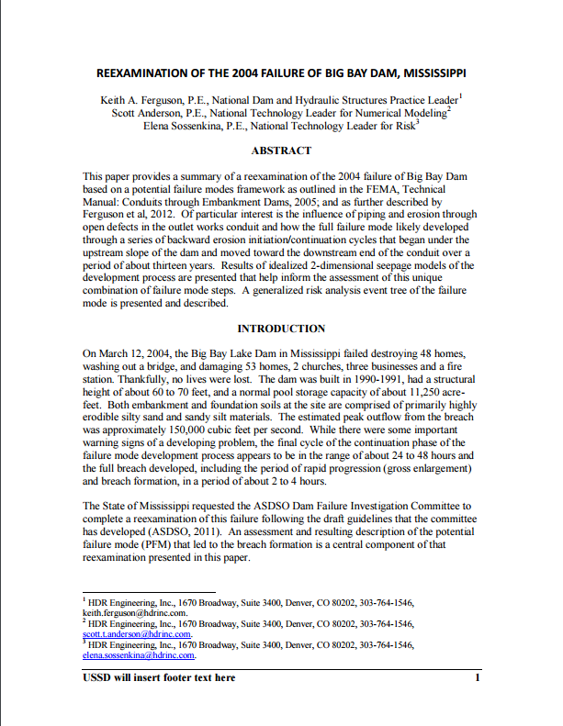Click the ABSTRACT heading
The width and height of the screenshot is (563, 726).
click(281, 151)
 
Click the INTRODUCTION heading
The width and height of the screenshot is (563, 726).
click(281, 328)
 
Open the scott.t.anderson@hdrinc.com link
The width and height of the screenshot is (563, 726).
click(138, 633)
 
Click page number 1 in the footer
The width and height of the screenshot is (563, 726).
click(478, 678)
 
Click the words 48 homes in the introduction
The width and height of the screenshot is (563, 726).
click(447, 352)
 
